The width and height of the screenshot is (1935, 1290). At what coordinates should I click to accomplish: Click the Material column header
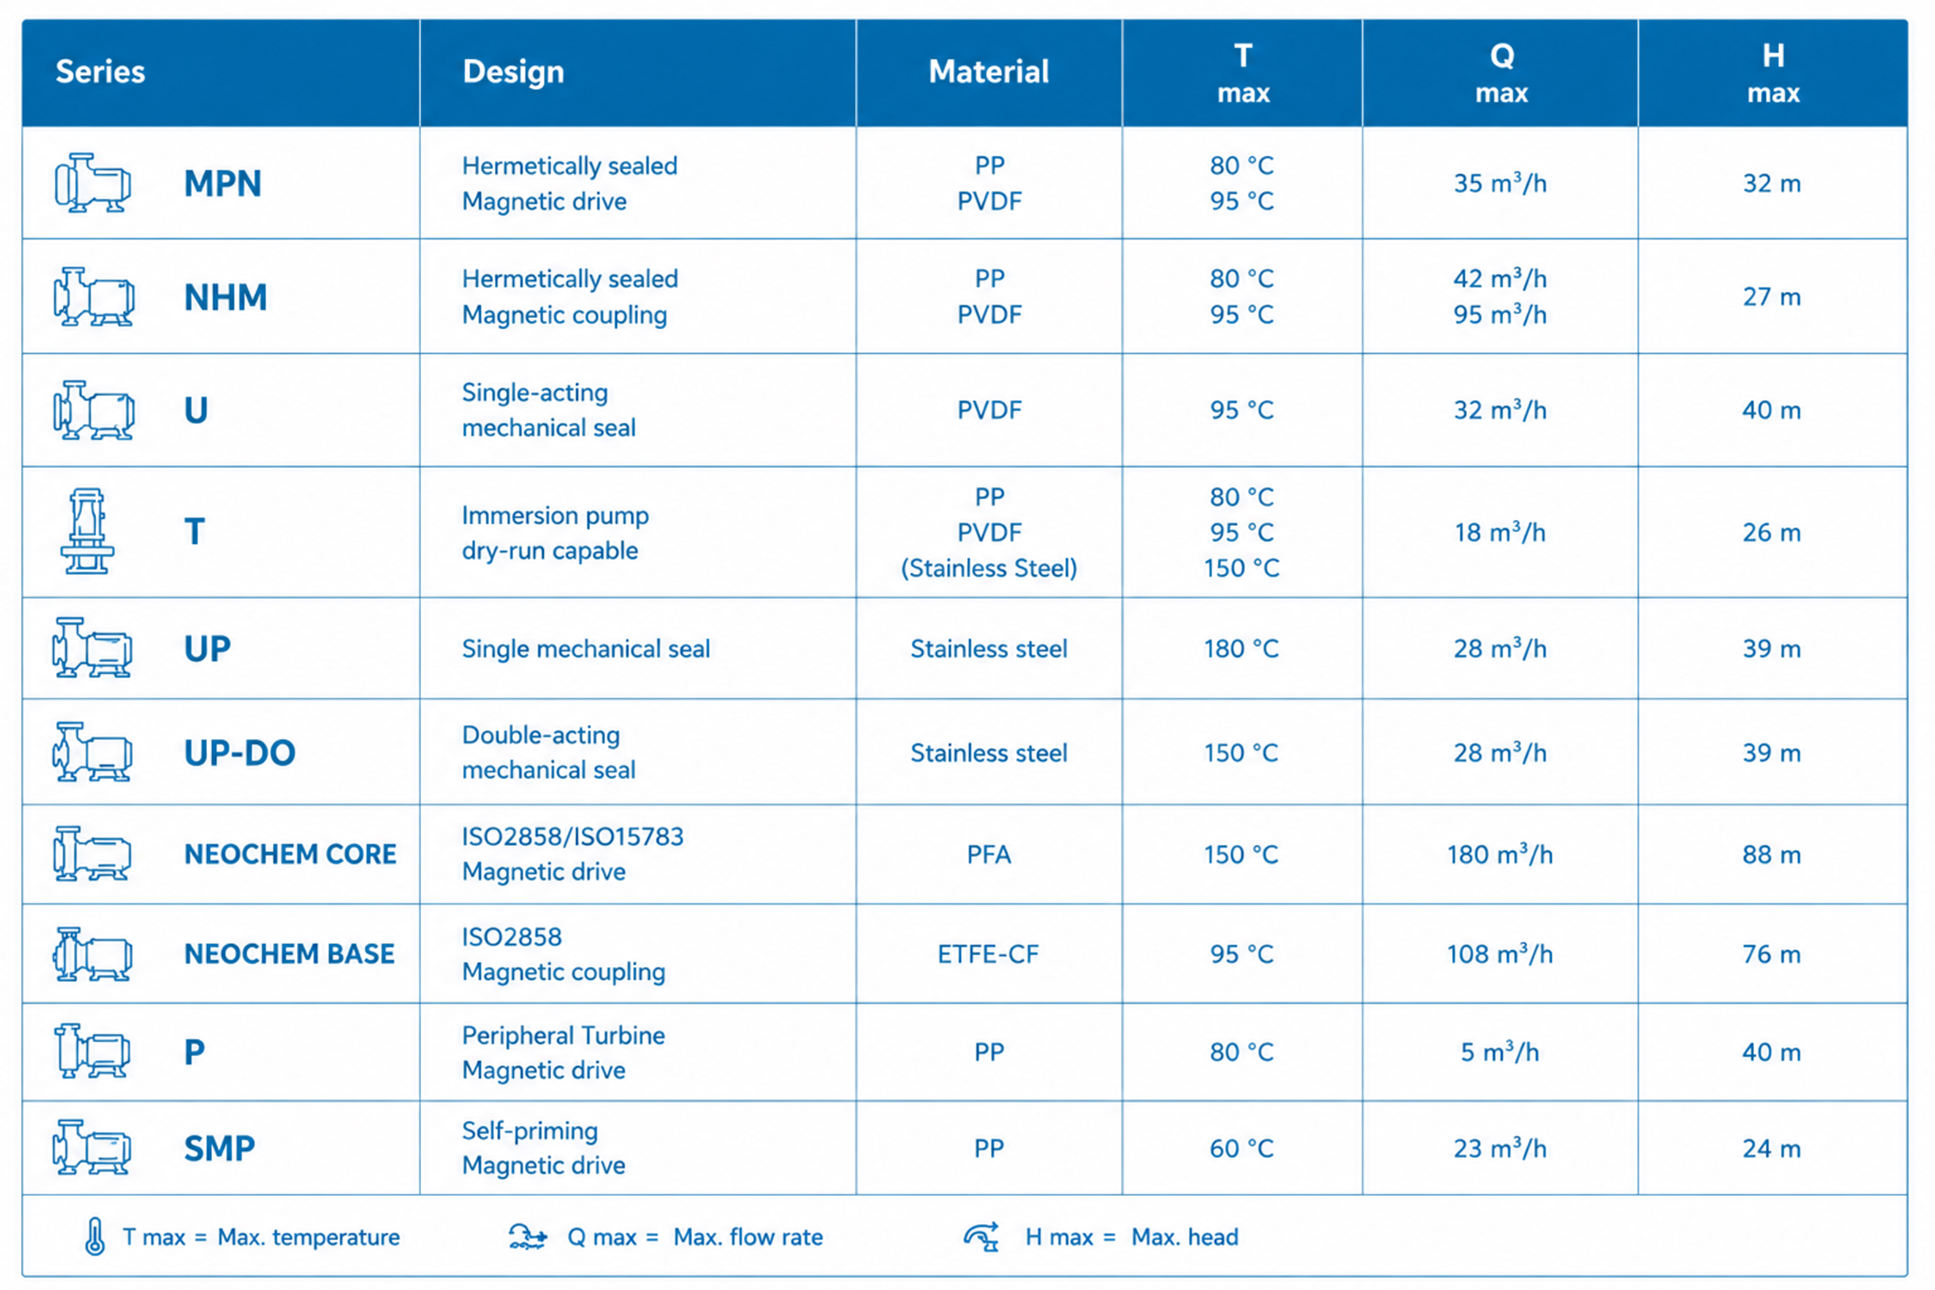point(988,72)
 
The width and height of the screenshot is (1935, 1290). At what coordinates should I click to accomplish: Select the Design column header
point(513,72)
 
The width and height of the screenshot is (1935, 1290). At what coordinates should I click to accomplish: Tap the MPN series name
point(222,183)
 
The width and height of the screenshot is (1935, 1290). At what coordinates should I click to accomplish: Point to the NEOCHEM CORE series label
point(289,854)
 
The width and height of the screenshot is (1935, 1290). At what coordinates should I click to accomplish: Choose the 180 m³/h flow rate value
point(1500,854)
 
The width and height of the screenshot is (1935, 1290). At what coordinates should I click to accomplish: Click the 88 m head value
point(1771,855)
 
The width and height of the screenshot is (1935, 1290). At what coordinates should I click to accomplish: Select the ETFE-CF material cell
point(988,953)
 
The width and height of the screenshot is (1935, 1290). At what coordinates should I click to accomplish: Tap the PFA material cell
point(988,855)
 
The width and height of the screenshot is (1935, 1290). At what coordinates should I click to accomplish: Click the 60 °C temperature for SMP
point(1242,1148)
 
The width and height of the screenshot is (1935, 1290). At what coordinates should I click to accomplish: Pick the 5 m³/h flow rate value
point(1500,1051)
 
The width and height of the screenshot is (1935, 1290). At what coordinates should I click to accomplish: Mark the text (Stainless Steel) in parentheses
point(988,568)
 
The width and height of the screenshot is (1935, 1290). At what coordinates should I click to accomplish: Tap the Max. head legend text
point(1184,1237)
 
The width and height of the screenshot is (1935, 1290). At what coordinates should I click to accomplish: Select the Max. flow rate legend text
point(748,1237)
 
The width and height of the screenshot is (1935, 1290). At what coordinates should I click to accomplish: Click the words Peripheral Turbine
point(563,1035)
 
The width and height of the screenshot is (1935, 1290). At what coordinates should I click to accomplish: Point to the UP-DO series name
point(239,753)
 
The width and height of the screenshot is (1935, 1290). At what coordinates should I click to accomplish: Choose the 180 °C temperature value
point(1242,648)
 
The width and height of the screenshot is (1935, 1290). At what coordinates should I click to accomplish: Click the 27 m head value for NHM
point(1771,297)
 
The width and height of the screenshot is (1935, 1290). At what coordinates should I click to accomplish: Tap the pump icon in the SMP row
point(91,1147)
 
